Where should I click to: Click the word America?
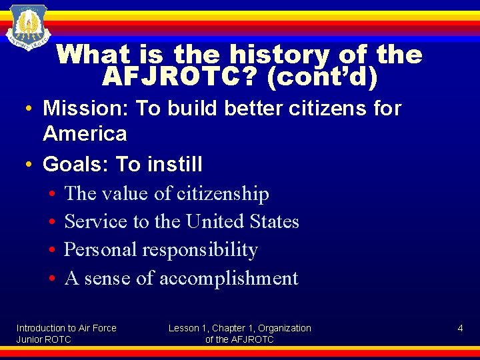pyautogui.click(x=85, y=133)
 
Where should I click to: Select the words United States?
pyautogui.click(x=243, y=221)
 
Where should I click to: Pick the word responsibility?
pyautogui.click(x=203, y=250)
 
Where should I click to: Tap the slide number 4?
pyautogui.click(x=460, y=328)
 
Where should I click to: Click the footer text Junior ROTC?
pyautogui.click(x=43, y=339)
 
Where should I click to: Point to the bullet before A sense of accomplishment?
pyautogui.click(x=51, y=279)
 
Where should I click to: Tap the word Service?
pyautogui.click(x=95, y=221)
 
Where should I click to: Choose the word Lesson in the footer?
pyautogui.click(x=183, y=328)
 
